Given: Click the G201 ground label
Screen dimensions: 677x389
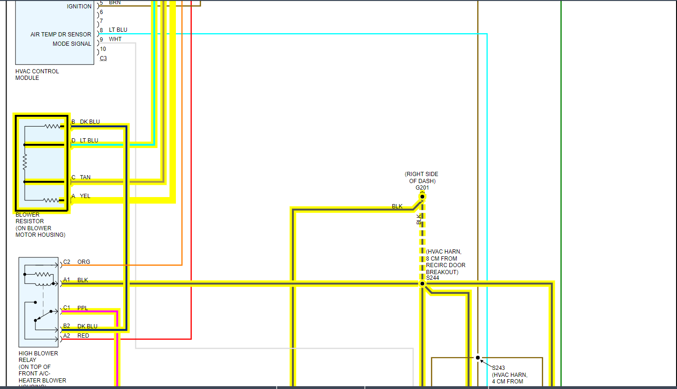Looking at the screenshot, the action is point(422,188).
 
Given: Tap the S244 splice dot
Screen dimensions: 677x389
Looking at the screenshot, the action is point(422,283).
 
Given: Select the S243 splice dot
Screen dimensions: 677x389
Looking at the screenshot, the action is point(478,358).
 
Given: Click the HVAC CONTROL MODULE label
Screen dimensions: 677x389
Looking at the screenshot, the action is point(37,75).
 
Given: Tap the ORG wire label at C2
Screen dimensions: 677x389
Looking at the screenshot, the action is point(84,262).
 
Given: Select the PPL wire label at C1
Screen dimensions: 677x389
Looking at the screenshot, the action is point(83,308).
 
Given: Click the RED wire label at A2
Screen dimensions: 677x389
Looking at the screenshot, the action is point(83,336).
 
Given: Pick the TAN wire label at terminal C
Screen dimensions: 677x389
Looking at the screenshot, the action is point(85,177).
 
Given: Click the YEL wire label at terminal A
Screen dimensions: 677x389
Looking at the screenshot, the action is point(85,196).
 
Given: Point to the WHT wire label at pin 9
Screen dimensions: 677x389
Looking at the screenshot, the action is point(115,39).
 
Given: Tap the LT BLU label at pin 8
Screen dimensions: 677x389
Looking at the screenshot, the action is point(118,30).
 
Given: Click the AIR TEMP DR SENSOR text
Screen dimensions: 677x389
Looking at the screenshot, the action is point(61,35).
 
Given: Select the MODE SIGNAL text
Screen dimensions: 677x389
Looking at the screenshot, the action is point(72,44).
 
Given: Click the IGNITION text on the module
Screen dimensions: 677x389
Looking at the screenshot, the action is point(79,7).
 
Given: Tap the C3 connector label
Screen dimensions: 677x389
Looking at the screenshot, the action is point(103,58).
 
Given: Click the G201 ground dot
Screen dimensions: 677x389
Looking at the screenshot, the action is point(422,197).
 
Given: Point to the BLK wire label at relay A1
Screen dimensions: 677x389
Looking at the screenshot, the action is point(83,280).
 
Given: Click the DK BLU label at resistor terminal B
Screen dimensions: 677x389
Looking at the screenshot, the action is point(90,122).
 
